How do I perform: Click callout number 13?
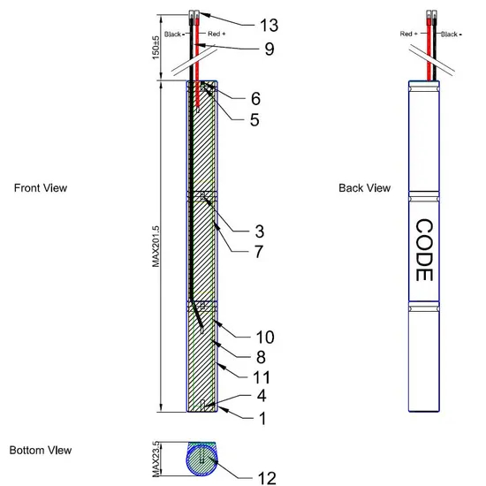point(269,25)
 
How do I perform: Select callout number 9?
point(270,49)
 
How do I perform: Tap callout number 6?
point(255,99)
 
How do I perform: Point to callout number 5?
point(254,120)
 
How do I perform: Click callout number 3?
point(260,232)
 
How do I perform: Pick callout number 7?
point(259,251)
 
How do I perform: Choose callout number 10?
point(265,337)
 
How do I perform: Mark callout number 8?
point(261,357)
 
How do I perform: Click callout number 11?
point(262,377)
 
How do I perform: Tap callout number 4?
point(262,396)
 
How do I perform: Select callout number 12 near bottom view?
point(267,478)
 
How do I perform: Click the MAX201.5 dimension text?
point(156,247)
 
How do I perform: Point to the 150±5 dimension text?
point(156,48)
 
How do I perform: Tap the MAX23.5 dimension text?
point(156,459)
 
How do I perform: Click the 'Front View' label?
point(41,188)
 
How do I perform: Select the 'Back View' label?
point(364,188)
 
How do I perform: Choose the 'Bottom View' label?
point(41,450)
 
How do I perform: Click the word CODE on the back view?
point(423,250)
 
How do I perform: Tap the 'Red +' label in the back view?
point(408,34)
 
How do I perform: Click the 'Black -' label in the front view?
point(174,34)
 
